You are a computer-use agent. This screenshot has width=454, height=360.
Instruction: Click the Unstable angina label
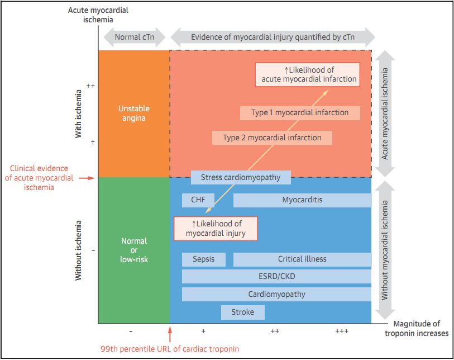pos(134,113)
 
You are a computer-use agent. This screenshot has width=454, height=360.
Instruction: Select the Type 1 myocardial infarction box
pos(300,113)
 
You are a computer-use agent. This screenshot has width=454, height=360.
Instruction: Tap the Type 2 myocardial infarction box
pos(272,138)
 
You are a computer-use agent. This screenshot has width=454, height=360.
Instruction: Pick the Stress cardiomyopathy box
pos(241,178)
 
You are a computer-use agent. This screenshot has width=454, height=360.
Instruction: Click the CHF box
pos(198,200)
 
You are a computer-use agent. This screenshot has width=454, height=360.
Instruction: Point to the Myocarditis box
pos(302,200)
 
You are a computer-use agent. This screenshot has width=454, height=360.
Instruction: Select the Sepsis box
pos(203,259)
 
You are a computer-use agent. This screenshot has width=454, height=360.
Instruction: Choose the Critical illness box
pos(302,259)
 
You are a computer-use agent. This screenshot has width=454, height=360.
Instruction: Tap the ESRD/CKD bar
pos(276,276)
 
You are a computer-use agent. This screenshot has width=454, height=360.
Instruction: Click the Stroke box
pos(242,312)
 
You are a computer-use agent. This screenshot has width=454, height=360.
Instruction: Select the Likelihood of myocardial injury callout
pos(216,229)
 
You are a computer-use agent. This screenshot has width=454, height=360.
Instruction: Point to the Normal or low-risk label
pos(134,250)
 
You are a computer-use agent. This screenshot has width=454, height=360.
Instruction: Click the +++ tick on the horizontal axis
pos(342,331)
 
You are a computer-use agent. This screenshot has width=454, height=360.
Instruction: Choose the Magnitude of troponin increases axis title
pos(417,329)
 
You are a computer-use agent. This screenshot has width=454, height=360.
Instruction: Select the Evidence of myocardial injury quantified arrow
pos(273,37)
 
